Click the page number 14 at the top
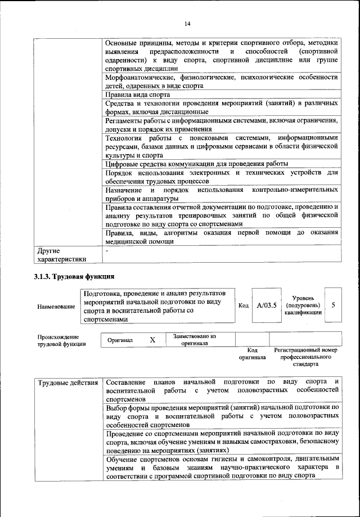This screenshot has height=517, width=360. pyautogui.click(x=187, y=23)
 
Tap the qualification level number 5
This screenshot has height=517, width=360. pyautogui.click(x=334, y=305)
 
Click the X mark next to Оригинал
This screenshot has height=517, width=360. pyautogui.click(x=152, y=340)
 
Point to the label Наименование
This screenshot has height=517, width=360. pyautogui.click(x=56, y=307)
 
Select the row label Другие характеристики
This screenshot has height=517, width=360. pyautogui.click(x=61, y=255)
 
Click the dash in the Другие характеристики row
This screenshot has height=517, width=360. pyautogui.click(x=106, y=250)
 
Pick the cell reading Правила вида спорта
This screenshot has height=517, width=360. pyautogui.click(x=137, y=95)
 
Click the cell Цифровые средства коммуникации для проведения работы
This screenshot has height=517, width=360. pyautogui.click(x=197, y=163)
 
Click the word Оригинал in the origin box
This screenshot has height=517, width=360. pyautogui.click(x=120, y=340)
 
